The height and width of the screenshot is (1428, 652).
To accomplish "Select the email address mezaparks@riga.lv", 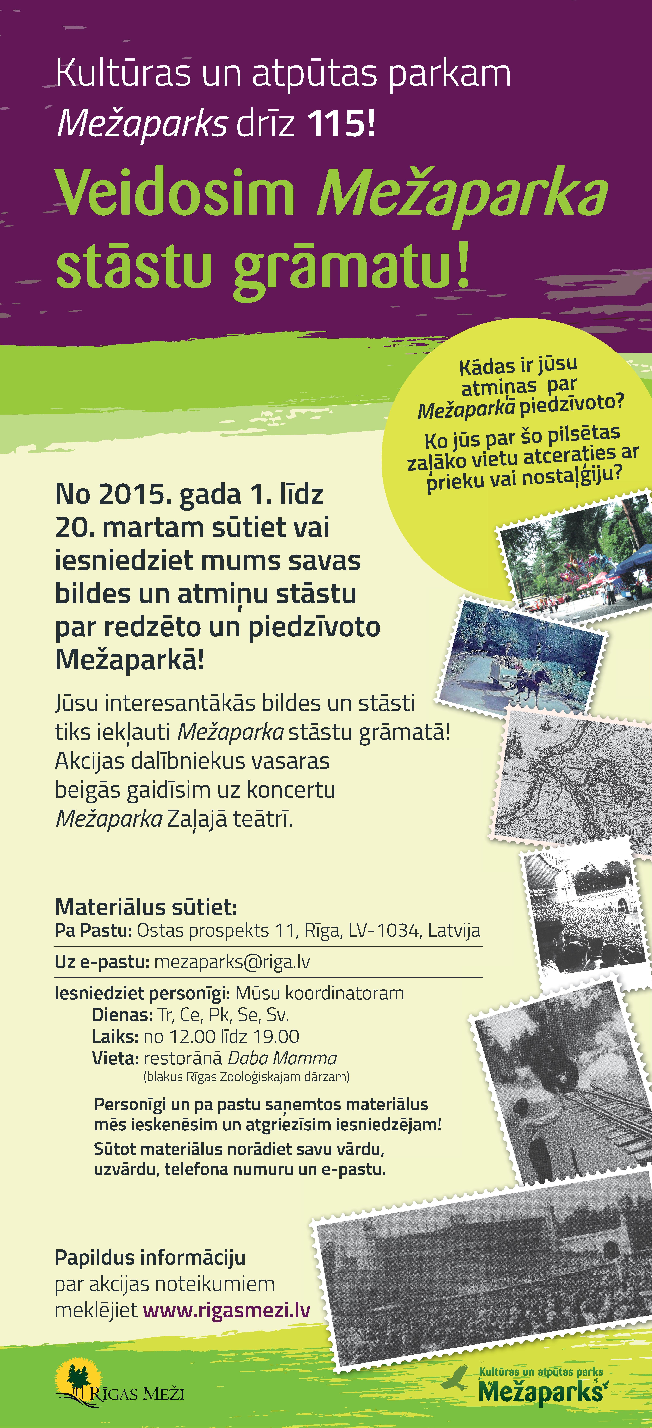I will tap(232, 962).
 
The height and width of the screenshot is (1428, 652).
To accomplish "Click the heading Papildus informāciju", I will tap(150, 1257).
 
